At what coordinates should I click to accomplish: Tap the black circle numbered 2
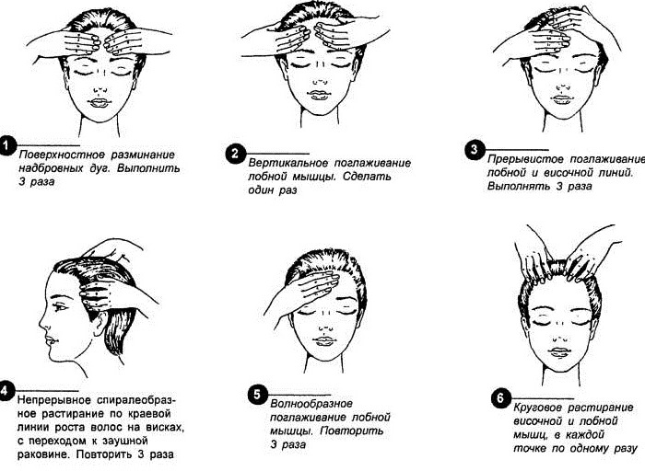pyautogui.click(x=234, y=154)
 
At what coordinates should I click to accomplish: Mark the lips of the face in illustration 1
pyautogui.click(x=100, y=101)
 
